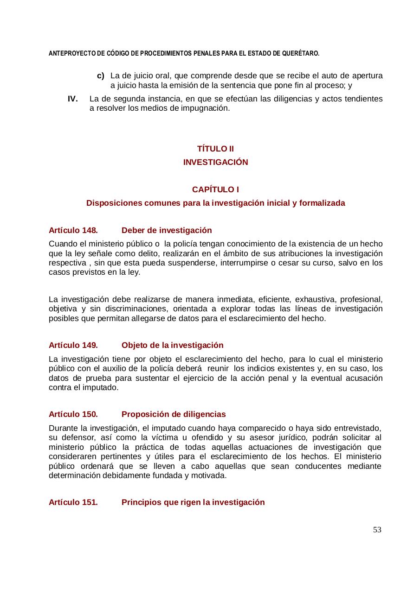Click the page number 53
377,530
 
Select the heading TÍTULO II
215,149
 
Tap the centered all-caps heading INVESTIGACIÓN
215,162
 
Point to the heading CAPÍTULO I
215,189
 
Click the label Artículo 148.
73,230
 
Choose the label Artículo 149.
73,345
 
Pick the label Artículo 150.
73,414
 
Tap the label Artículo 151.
73,502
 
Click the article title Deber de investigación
167,230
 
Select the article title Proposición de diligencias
174,414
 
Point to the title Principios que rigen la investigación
193,502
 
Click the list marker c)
100,76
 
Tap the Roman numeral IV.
72,99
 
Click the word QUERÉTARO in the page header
302,53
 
